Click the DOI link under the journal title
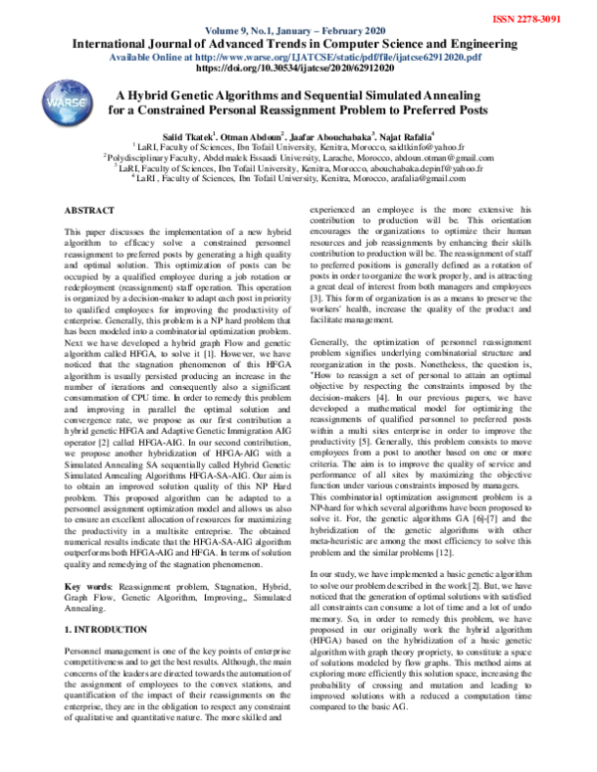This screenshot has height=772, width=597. pyautogui.click(x=298, y=69)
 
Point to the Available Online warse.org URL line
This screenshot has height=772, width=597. pyautogui.click(x=298, y=57)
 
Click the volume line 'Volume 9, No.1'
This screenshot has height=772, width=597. pyautogui.click(x=298, y=30)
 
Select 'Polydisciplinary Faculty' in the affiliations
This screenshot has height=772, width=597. pyautogui.click(x=149, y=156)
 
